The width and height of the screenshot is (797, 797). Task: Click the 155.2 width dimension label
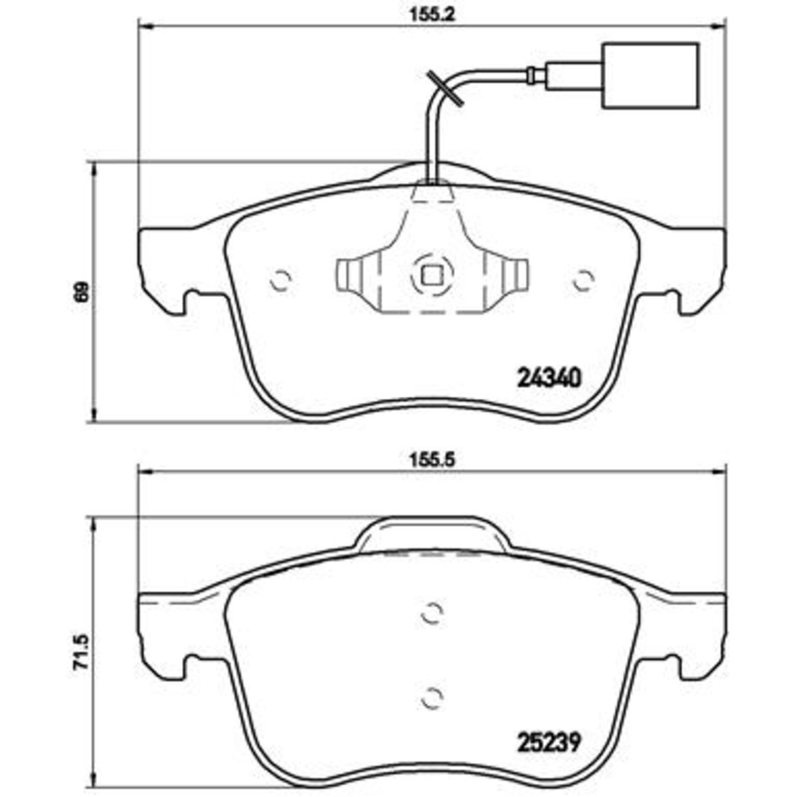click(432, 15)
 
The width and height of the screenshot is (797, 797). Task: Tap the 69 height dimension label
click(83, 291)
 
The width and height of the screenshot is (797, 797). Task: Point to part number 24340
click(550, 378)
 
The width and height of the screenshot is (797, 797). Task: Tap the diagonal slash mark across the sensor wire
click(444, 88)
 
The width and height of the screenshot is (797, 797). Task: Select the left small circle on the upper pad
click(281, 280)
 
